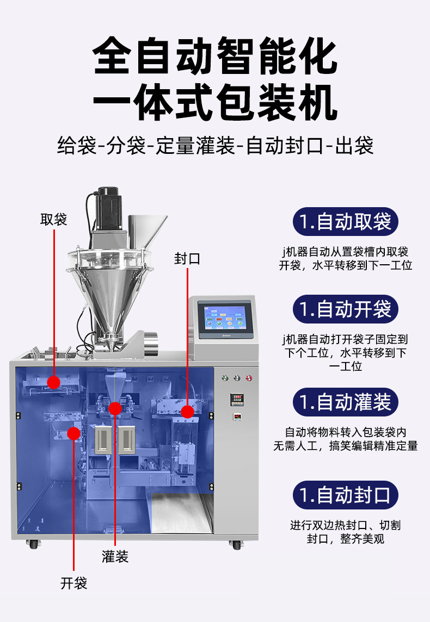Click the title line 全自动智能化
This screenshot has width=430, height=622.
215,55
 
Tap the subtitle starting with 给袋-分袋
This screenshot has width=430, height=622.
215,146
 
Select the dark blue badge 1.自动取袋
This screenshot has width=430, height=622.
346,222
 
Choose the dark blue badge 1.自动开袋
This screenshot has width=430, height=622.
346,309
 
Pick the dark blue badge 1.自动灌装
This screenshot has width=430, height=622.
346,402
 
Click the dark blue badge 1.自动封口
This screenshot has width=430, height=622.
346,495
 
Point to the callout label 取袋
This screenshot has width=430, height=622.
53,220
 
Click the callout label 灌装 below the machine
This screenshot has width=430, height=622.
115,556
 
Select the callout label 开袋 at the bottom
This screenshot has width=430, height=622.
73,583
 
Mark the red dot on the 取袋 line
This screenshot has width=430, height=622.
53,382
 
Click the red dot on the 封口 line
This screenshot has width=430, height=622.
187,412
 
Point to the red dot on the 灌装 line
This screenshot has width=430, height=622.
115,409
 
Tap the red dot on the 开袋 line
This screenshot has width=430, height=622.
73,433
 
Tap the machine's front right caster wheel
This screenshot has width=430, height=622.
237,544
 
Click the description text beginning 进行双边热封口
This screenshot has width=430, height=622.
346,532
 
